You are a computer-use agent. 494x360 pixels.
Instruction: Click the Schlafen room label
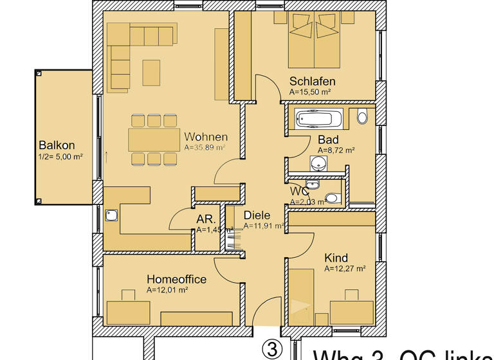point(312,81)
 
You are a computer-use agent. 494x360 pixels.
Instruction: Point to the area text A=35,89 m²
point(204,147)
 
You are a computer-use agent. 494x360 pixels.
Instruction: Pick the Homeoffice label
point(176,279)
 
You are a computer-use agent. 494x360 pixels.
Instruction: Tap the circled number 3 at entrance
point(271,349)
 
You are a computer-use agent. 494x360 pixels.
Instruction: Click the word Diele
point(257,215)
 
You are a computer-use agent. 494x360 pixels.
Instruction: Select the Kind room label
point(336,258)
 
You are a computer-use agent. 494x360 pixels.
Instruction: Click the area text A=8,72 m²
point(336,150)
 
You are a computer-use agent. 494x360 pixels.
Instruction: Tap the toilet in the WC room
point(331,198)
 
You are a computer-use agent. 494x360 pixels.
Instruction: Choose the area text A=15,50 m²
point(310,92)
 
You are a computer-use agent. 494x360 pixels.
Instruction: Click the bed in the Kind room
point(301,296)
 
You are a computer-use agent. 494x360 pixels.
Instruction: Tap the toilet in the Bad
point(361,117)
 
